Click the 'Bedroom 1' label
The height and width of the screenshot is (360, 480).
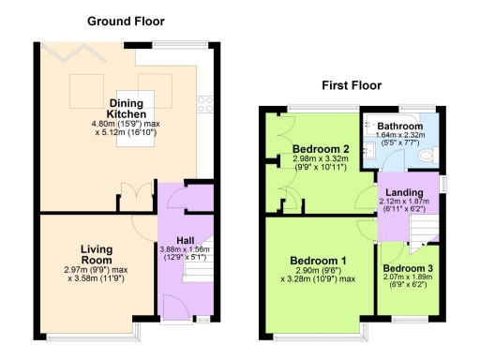(317, 260)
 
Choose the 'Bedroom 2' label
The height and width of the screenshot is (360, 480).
(320, 149)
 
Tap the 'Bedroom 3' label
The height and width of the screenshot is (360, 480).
(408, 267)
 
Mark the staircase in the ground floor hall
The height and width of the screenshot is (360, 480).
(198, 269)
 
